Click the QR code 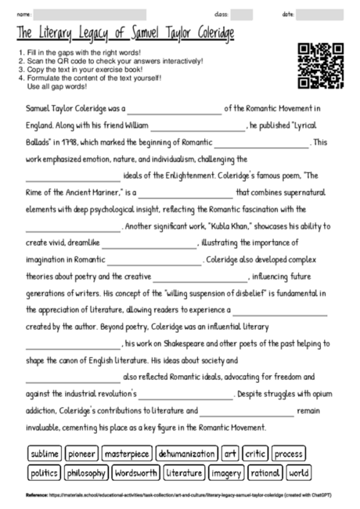pyautogui.click(x=321, y=66)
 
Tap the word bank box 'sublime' pyautogui.click(x=44, y=453)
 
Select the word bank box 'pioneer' pyautogui.click(x=81, y=453)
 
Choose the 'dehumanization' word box pyautogui.click(x=186, y=453)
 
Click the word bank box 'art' pyautogui.click(x=230, y=453)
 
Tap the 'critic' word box pyautogui.click(x=255, y=453)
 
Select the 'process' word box pyautogui.click(x=289, y=453)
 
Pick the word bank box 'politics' pyautogui.click(x=44, y=473)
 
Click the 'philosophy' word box pyautogui.click(x=86, y=473)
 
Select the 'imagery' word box pyautogui.click(x=228, y=473)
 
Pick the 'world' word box pyautogui.click(x=299, y=473)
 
